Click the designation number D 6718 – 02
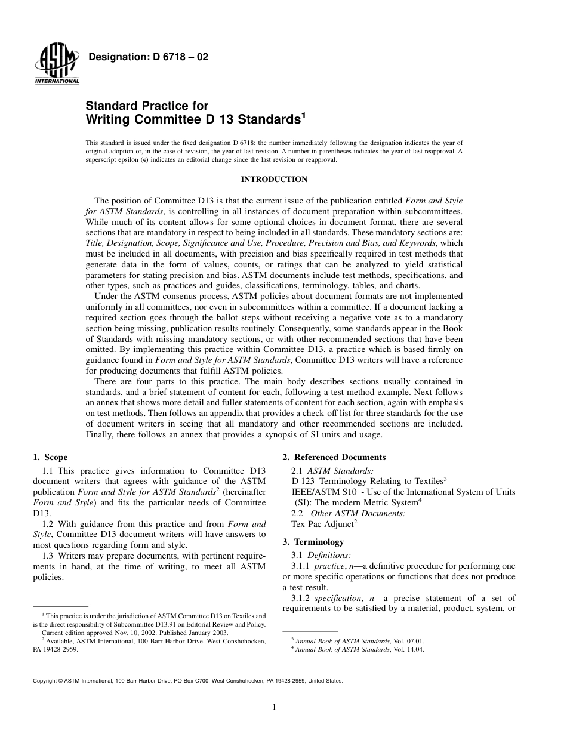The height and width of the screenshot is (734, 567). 148,58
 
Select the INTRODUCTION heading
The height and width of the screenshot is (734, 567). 274,179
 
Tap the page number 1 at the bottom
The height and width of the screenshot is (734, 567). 274,707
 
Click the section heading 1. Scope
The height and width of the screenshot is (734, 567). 50,458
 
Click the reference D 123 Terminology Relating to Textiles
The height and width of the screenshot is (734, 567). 369,480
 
